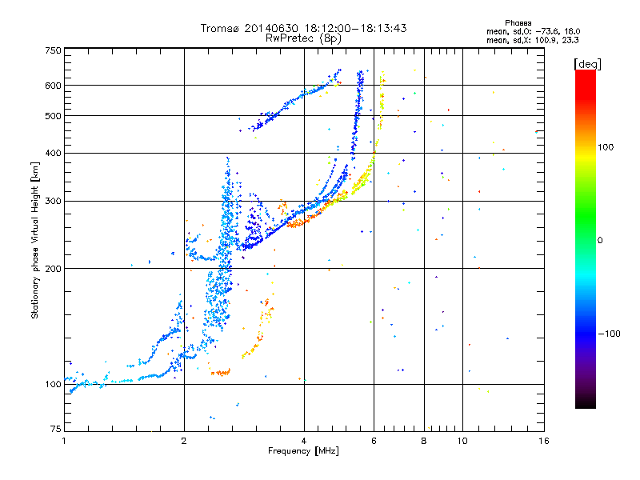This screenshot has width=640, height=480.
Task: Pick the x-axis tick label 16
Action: tap(543, 441)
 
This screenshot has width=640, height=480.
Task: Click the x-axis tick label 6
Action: tap(374, 441)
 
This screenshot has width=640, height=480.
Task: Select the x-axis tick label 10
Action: tap(461, 441)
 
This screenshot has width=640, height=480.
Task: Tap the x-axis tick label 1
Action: tap(64, 441)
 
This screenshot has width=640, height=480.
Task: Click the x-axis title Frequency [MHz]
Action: tap(303, 452)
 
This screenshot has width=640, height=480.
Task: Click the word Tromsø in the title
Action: tap(222, 28)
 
